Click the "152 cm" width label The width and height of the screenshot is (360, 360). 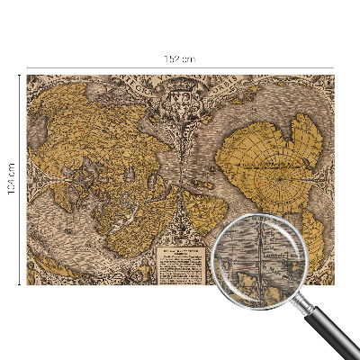(180, 58)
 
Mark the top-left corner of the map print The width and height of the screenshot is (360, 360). (27, 76)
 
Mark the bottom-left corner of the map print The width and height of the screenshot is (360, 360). (27, 284)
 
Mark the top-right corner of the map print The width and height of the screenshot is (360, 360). (333, 76)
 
